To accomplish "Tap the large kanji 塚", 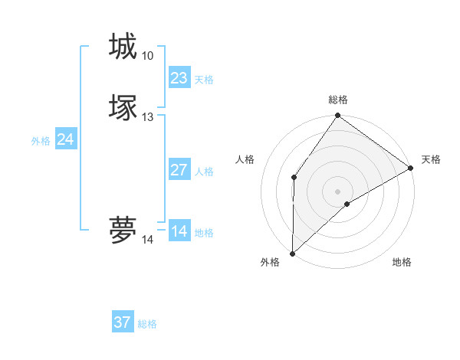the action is [123, 107].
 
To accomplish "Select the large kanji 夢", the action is [123, 230].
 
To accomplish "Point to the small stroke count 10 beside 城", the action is [147, 56].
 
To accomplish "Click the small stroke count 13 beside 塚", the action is [147, 117].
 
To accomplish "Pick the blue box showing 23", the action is [179, 78].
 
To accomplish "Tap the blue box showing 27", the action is [179, 170].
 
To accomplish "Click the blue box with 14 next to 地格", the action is [179, 231].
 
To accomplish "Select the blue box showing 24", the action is [66, 139].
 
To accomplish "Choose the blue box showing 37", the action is [123, 322].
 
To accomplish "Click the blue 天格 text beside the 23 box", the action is [204, 80].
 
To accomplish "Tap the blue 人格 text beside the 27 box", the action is [205, 172].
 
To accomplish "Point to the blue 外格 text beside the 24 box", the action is [41, 141].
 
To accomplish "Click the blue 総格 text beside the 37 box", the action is [147, 324].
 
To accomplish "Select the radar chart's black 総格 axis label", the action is [338, 100].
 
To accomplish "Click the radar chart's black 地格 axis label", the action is [402, 263].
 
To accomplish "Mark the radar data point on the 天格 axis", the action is [411, 168].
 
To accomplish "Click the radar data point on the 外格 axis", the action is [292, 254].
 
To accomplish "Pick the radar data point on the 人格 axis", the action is [294, 178].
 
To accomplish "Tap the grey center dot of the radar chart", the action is [337, 191].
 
